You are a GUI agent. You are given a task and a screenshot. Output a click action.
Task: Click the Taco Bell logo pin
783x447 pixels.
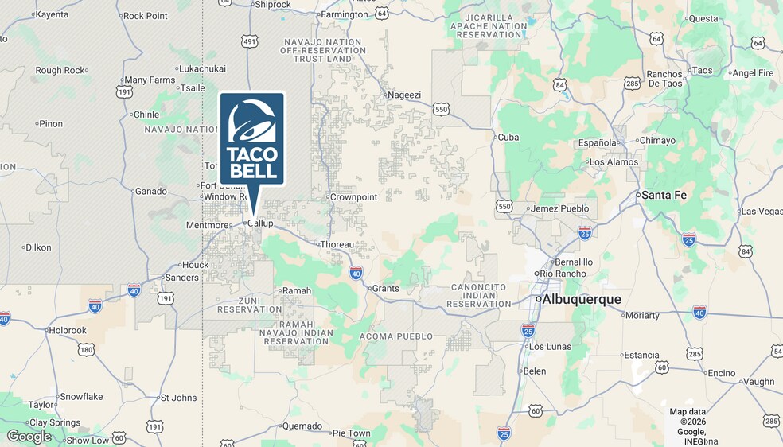tap(252, 139)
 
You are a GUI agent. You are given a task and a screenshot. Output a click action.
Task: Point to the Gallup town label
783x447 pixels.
tap(260, 223)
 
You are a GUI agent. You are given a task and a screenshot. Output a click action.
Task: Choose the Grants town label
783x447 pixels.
tap(386, 289)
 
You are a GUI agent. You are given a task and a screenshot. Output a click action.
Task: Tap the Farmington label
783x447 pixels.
tap(343, 14)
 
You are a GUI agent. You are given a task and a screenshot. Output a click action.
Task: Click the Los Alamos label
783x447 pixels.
tap(613, 162)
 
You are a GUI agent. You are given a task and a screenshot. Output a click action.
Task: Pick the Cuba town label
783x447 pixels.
tap(508, 138)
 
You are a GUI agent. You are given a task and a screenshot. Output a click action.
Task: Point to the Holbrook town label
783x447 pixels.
tap(68, 330)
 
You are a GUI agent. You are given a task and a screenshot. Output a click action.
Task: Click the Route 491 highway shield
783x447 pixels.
tap(250, 41)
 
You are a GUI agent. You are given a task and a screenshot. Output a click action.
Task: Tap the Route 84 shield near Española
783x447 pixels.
tap(560, 84)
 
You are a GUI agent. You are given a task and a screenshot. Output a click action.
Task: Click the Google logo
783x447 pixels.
tap(29, 437)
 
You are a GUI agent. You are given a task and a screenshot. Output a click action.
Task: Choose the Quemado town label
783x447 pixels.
tap(302, 426)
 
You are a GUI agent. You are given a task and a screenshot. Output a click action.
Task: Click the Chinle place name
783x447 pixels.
tap(146, 115)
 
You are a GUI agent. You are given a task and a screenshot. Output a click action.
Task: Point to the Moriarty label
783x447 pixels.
tap(642, 315)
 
